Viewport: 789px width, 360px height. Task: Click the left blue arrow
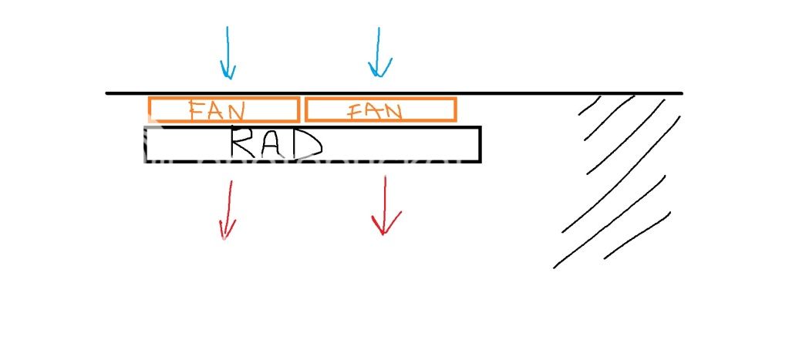pyautogui.click(x=228, y=52)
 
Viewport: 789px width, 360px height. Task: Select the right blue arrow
pyautogui.click(x=379, y=52)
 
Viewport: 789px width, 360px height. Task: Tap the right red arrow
pyautogui.click(x=385, y=205)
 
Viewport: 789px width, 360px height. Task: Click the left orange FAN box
pyautogui.click(x=224, y=98)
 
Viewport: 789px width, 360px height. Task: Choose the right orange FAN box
pyautogui.click(x=380, y=99)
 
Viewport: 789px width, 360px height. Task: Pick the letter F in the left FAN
pyautogui.click(x=197, y=109)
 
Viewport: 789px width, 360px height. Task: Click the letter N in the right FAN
pyautogui.click(x=393, y=110)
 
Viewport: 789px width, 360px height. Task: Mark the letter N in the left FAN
pyautogui.click(x=234, y=110)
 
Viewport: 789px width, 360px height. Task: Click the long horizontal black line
pyautogui.click(x=394, y=93)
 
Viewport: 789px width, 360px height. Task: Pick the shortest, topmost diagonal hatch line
pyautogui.click(x=588, y=105)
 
